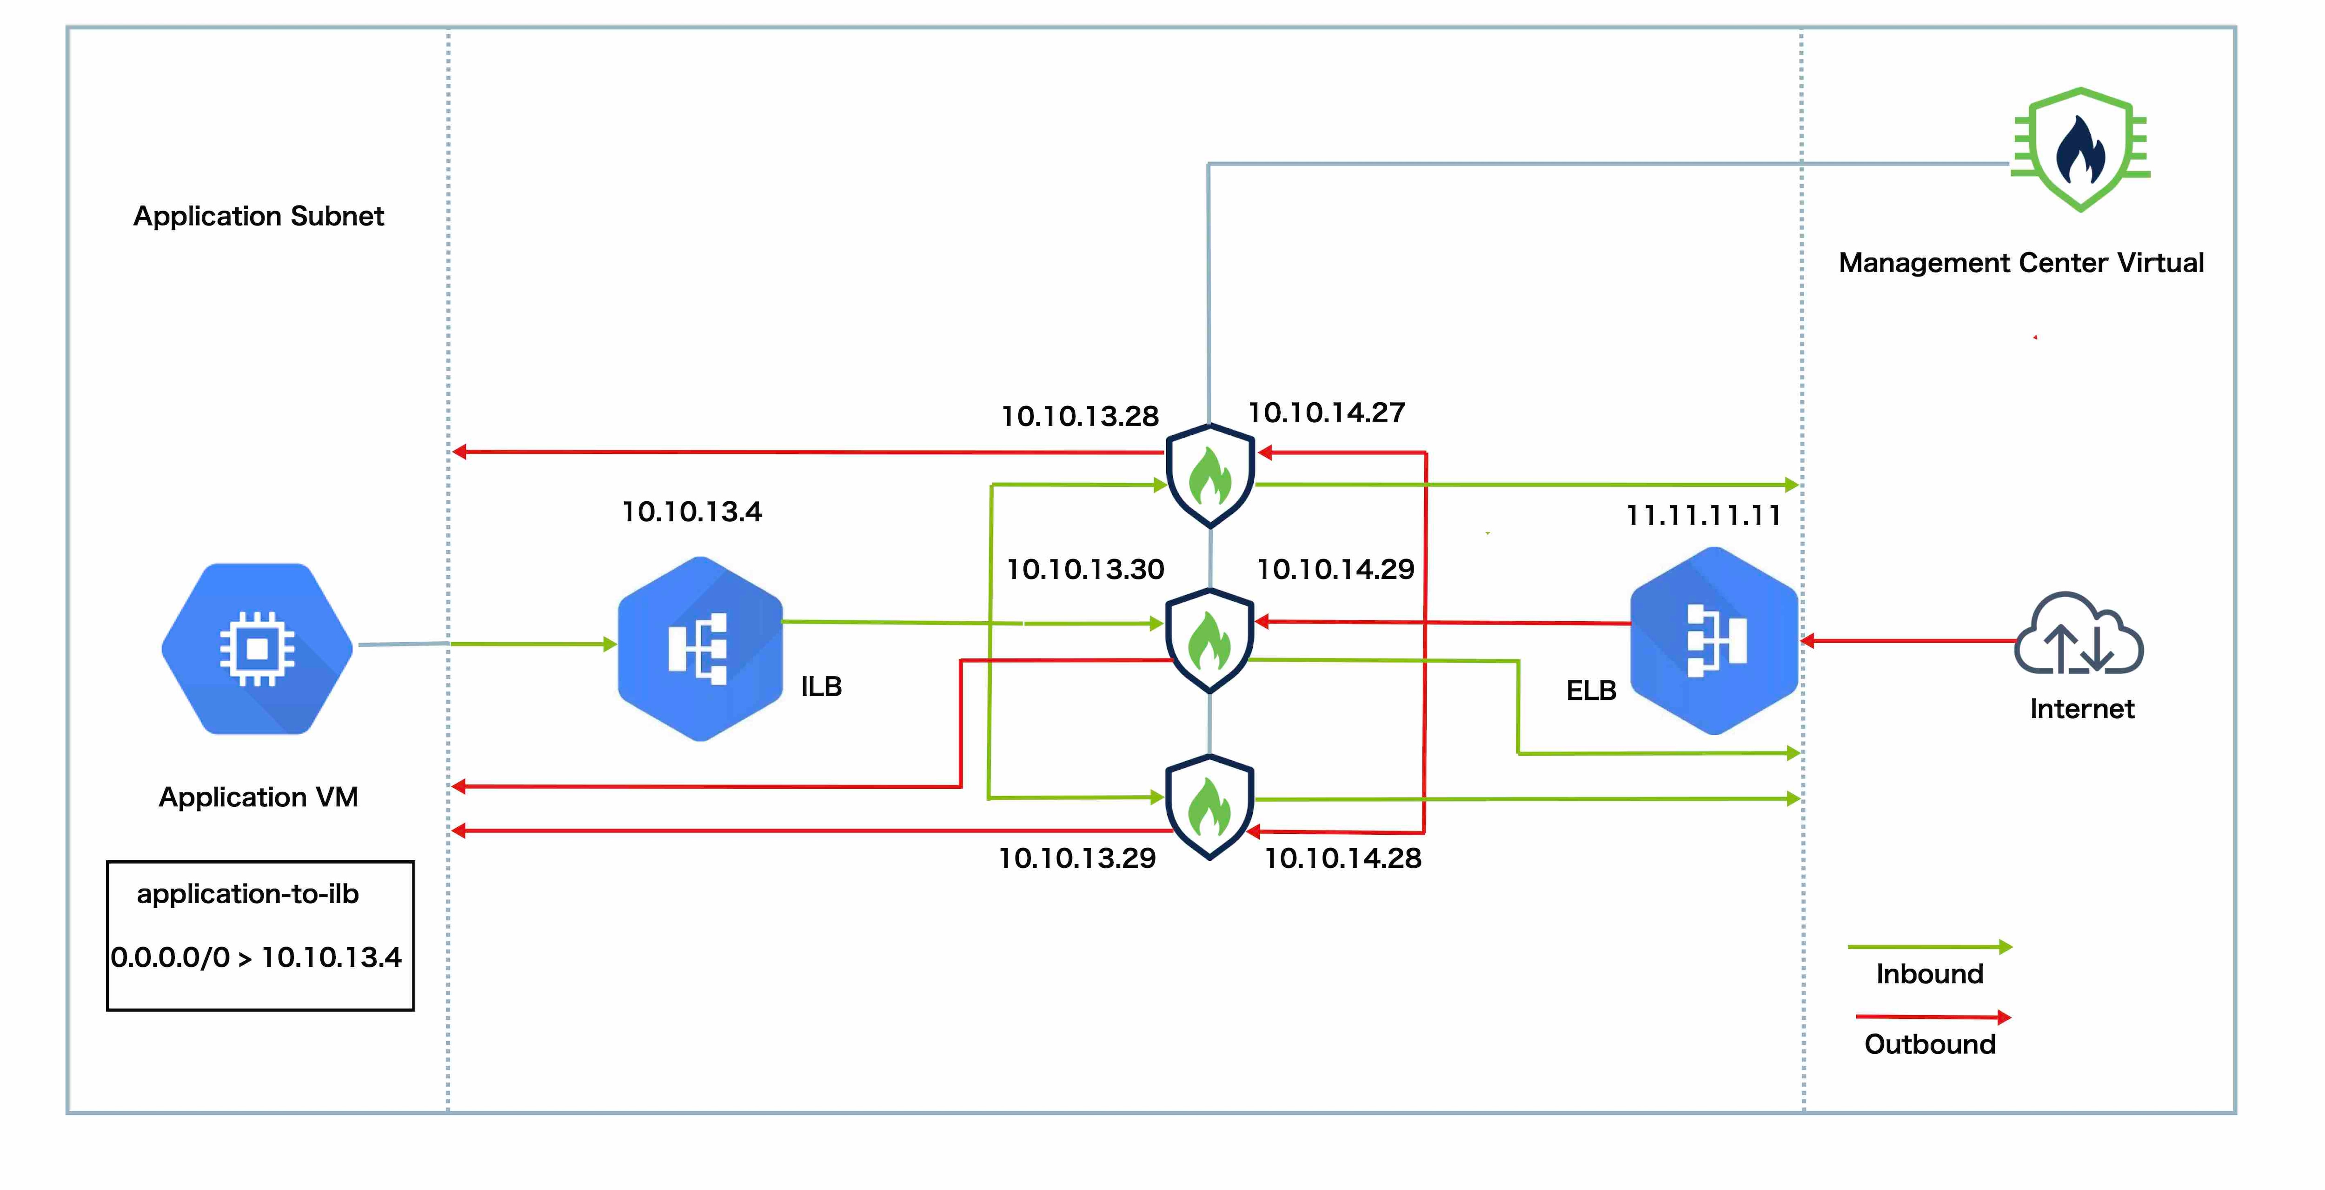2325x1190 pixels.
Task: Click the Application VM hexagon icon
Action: (x=257, y=648)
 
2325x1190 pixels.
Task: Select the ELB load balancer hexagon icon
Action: (x=1714, y=640)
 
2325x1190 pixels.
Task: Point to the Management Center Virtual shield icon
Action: (x=2080, y=150)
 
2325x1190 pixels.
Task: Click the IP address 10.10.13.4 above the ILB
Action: (x=692, y=512)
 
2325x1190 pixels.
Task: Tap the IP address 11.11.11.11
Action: (x=1703, y=516)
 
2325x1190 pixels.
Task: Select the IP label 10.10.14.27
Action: (x=1327, y=412)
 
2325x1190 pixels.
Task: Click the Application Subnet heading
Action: (x=259, y=217)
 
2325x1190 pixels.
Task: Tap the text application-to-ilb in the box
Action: (x=248, y=894)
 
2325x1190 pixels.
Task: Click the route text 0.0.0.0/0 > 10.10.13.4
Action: (x=256, y=957)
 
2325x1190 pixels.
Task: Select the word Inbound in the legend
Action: (x=1930, y=974)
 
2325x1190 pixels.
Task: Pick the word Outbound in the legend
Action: (x=1930, y=1044)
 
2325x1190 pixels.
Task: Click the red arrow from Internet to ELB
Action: (x=1909, y=641)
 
